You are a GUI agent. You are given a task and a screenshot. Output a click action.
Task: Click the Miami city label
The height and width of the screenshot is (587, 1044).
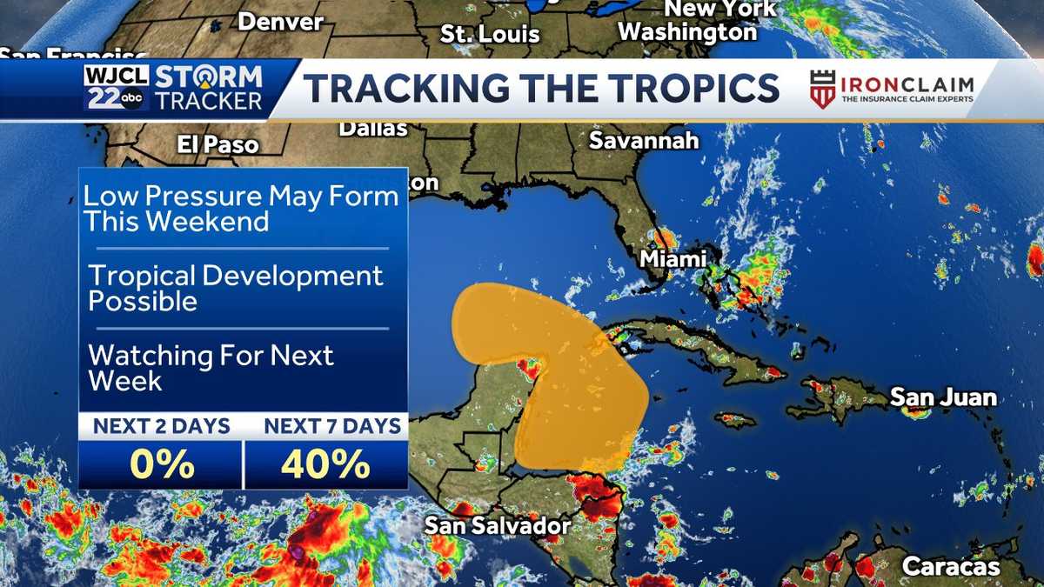click(x=673, y=258)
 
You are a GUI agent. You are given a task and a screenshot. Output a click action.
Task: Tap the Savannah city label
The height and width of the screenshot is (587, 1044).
click(x=644, y=140)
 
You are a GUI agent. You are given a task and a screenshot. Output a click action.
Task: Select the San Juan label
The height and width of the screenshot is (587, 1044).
click(x=943, y=397)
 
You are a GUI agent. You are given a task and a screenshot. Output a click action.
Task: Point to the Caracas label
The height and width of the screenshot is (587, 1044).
click(x=951, y=566)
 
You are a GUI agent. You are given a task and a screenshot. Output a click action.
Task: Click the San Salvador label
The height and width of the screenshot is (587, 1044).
click(x=497, y=525)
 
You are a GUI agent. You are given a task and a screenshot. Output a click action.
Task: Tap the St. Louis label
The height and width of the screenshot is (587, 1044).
click(x=490, y=34)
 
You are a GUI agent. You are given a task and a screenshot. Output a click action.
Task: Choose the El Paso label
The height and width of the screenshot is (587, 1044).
click(x=217, y=144)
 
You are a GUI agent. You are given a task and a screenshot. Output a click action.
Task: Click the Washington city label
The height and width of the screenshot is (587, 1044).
click(x=687, y=32)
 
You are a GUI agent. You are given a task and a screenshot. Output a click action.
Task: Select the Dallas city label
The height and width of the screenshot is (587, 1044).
click(x=372, y=129)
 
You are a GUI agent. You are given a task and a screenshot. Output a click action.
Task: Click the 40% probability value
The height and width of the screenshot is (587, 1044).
click(x=325, y=465)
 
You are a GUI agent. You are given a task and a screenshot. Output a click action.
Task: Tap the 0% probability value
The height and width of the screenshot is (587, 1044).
click(x=161, y=465)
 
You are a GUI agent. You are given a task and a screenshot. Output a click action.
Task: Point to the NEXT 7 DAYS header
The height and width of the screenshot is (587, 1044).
click(x=332, y=426)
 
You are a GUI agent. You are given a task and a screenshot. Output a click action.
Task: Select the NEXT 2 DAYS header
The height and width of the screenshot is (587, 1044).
click(x=162, y=426)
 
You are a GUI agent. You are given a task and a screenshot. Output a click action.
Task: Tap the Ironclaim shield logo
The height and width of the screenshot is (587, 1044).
click(x=822, y=89)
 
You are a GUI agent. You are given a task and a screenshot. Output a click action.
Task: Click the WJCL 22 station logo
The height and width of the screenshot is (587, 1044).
click(x=117, y=88)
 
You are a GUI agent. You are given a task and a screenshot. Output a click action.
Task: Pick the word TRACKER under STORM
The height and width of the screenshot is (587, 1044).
click(x=208, y=101)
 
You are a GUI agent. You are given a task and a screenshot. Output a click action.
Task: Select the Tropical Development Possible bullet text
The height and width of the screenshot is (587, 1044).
click(x=236, y=288)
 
